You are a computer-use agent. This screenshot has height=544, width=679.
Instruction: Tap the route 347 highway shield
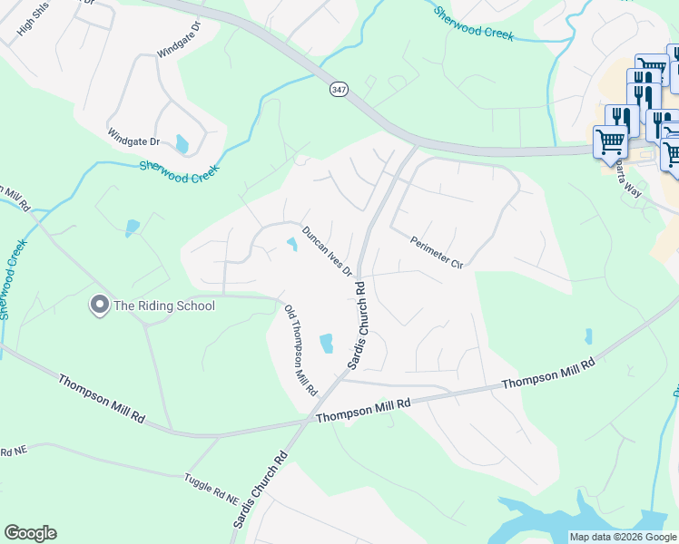click(x=338, y=92)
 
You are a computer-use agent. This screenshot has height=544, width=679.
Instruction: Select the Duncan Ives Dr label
click(x=327, y=252)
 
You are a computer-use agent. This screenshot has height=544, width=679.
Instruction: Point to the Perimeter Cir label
click(x=437, y=252)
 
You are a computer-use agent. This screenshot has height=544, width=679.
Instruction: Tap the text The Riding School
click(x=163, y=306)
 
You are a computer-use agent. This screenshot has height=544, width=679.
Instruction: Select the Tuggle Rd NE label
click(x=210, y=489)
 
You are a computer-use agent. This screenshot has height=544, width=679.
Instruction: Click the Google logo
click(x=30, y=533)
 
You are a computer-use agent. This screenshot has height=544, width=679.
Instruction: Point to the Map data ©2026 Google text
click(x=623, y=537)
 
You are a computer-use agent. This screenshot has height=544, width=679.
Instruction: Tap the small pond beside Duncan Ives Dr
click(x=292, y=244)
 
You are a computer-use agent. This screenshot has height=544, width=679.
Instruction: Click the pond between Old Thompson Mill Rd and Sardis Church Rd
click(x=326, y=343)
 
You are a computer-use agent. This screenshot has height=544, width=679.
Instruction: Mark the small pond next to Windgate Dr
click(x=182, y=144)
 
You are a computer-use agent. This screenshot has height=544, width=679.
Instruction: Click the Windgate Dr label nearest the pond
click(x=133, y=141)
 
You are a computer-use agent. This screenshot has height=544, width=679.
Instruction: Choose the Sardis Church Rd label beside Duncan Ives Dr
click(x=359, y=325)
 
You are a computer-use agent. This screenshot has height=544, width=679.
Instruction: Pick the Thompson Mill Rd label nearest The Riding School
click(x=102, y=396)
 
